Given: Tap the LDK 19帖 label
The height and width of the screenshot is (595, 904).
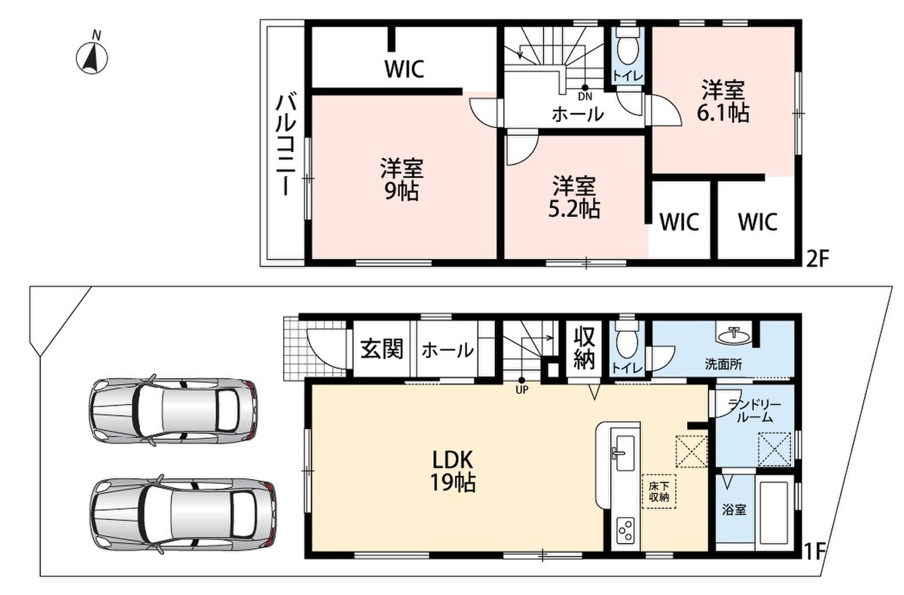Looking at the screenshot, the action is point(453,471).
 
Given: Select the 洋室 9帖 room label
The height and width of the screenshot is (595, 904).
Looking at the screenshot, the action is point(401,180).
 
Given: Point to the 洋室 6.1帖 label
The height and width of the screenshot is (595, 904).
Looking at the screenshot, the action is point(722,101).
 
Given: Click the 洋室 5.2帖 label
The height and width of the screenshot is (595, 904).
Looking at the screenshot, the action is point(574,197).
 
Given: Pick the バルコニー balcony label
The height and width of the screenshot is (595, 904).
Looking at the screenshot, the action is point(286,145).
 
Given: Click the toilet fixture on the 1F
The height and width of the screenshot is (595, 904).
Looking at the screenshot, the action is point(628,342).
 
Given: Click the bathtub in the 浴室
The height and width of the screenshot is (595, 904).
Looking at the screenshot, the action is point(774,511).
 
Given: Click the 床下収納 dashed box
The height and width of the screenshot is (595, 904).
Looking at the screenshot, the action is point(659,491).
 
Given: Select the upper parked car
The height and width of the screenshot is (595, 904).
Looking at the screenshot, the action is point(173,412).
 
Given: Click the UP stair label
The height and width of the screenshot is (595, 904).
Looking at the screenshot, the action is point(522,389).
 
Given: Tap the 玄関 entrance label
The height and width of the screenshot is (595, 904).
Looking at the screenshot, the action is point(382,349).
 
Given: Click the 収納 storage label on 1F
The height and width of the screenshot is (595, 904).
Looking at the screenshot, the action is point(584,348).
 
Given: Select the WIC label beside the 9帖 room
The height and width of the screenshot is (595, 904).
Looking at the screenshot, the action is point(404,69).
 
